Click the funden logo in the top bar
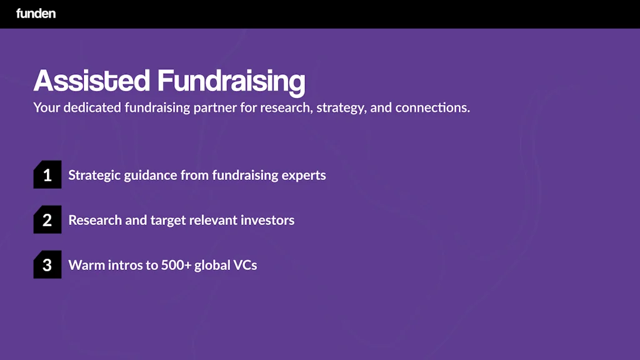pos(36,13)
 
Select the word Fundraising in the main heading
pos(231,81)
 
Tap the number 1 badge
pos(47,175)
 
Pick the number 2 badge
pos(47,220)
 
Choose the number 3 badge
pos(47,265)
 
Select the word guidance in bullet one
pos(151,176)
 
